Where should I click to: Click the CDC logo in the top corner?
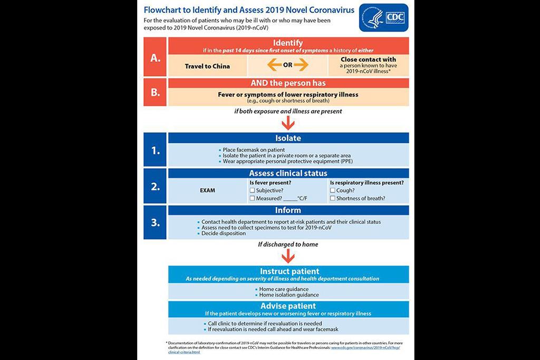point(383,18)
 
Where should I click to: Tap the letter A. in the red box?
point(155,58)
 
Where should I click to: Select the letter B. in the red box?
point(155,92)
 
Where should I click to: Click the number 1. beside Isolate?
point(155,150)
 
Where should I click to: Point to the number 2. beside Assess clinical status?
point(155,186)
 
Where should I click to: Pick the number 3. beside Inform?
point(155,222)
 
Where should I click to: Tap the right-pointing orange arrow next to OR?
point(301,65)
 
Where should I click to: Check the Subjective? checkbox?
point(253,190)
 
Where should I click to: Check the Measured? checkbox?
point(253,199)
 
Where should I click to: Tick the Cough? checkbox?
point(333,190)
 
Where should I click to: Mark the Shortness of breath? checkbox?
point(333,199)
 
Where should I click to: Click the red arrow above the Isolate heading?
point(288,123)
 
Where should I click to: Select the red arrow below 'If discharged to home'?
point(288,256)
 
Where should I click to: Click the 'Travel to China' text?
point(207,66)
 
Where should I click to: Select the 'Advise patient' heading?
point(288,306)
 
